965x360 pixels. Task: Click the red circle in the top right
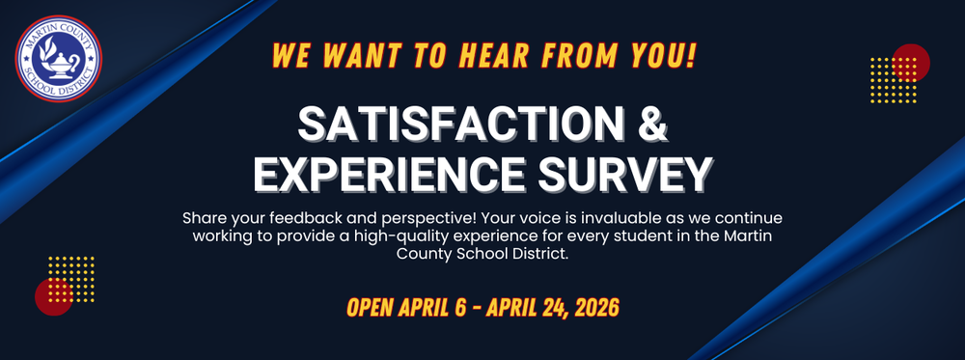click(911, 61)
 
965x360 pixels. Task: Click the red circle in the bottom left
click(53, 296)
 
